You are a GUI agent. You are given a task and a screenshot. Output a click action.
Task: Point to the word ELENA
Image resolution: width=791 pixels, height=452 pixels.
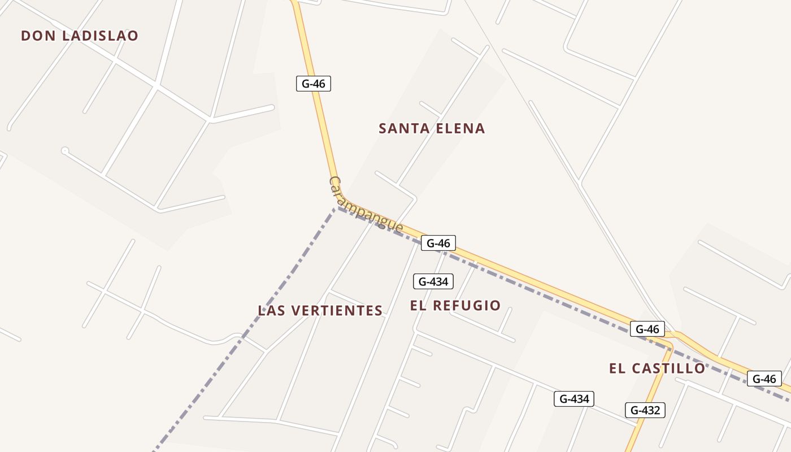461,128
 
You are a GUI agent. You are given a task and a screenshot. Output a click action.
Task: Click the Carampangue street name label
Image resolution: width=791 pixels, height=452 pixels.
366,205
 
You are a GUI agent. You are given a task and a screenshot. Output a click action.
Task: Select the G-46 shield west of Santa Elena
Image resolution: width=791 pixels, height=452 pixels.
314,84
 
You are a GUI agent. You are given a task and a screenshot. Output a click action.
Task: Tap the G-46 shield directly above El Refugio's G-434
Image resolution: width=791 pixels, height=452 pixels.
438,243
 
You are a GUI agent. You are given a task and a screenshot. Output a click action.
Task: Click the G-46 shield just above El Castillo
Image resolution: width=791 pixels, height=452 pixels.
647,329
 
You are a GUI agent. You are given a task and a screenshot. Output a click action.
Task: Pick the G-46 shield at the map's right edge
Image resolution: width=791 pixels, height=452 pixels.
764,379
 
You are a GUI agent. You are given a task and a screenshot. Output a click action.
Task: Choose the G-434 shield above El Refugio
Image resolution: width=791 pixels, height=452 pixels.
433,281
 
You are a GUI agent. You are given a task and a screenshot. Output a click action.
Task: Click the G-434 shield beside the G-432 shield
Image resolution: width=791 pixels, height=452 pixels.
574,399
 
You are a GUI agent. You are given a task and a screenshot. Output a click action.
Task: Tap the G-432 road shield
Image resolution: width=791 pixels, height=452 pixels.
645,410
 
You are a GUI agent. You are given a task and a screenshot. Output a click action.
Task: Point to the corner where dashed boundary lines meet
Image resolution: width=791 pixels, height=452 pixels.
337,208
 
